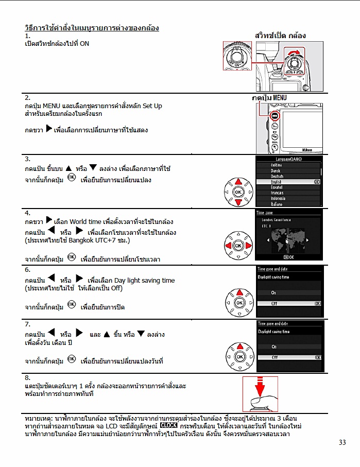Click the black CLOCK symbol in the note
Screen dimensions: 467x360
(x=169, y=426)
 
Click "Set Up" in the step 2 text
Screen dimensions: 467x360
(x=152, y=106)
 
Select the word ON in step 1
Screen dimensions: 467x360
(x=84, y=44)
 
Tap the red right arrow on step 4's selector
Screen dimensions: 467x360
(x=248, y=246)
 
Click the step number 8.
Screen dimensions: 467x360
(x=27, y=378)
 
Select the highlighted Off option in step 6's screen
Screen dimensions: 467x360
(x=275, y=303)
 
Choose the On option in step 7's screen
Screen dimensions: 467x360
(x=274, y=347)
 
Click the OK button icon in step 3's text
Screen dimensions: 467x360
(x=72, y=178)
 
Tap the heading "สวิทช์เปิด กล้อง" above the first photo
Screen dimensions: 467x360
(x=281, y=36)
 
